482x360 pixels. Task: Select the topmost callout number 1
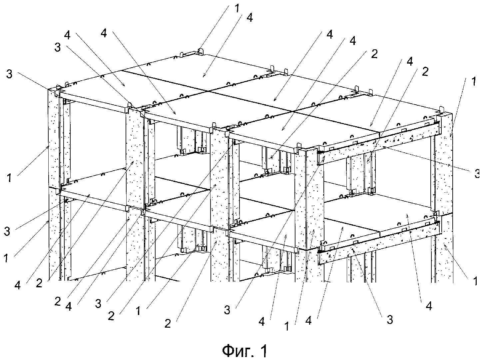click(237, 8)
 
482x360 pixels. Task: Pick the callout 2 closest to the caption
click(168, 323)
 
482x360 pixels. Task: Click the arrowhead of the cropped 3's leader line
click(383, 146)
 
